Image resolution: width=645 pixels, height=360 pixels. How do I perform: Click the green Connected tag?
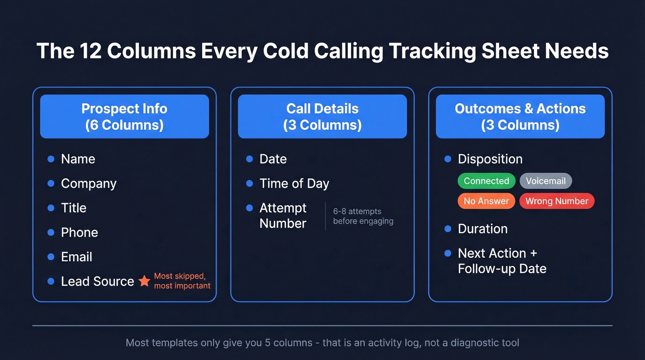486,181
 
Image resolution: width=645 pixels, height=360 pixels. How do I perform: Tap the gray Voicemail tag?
545,181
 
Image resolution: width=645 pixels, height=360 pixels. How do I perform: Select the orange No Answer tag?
486,201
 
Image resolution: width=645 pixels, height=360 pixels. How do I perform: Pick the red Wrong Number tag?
557,201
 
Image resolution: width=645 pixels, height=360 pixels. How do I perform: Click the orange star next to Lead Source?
144,281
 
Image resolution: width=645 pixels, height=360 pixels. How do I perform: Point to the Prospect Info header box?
124,117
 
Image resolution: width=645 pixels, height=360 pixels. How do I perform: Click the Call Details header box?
322,117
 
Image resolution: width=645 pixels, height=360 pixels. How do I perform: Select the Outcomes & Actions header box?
520,117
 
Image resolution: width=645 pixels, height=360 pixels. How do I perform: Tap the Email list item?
76,257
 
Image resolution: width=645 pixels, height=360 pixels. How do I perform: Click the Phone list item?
79,232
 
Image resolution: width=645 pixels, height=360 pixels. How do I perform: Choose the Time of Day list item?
294,183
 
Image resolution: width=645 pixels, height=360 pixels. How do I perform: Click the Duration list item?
482,229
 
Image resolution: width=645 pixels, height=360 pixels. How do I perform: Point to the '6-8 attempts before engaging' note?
363,216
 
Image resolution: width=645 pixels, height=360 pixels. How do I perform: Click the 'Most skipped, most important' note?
182,281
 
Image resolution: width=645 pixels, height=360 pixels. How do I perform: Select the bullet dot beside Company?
51,183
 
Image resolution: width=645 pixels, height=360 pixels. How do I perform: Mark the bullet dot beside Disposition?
447,159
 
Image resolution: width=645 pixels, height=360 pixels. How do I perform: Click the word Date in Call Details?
273,159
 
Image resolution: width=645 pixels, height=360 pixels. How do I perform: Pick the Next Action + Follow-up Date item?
502,261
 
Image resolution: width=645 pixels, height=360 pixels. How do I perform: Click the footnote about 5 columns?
322,343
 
